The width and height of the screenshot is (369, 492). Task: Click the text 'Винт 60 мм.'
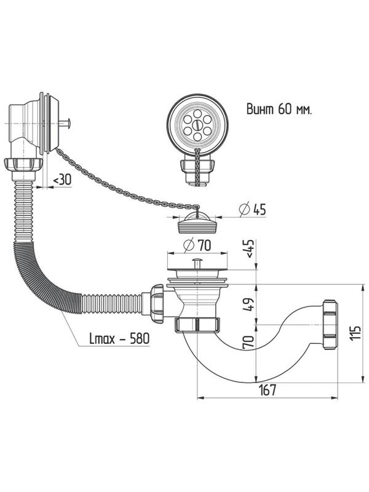coord(279,111)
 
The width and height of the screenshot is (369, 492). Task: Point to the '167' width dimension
coord(266,390)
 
